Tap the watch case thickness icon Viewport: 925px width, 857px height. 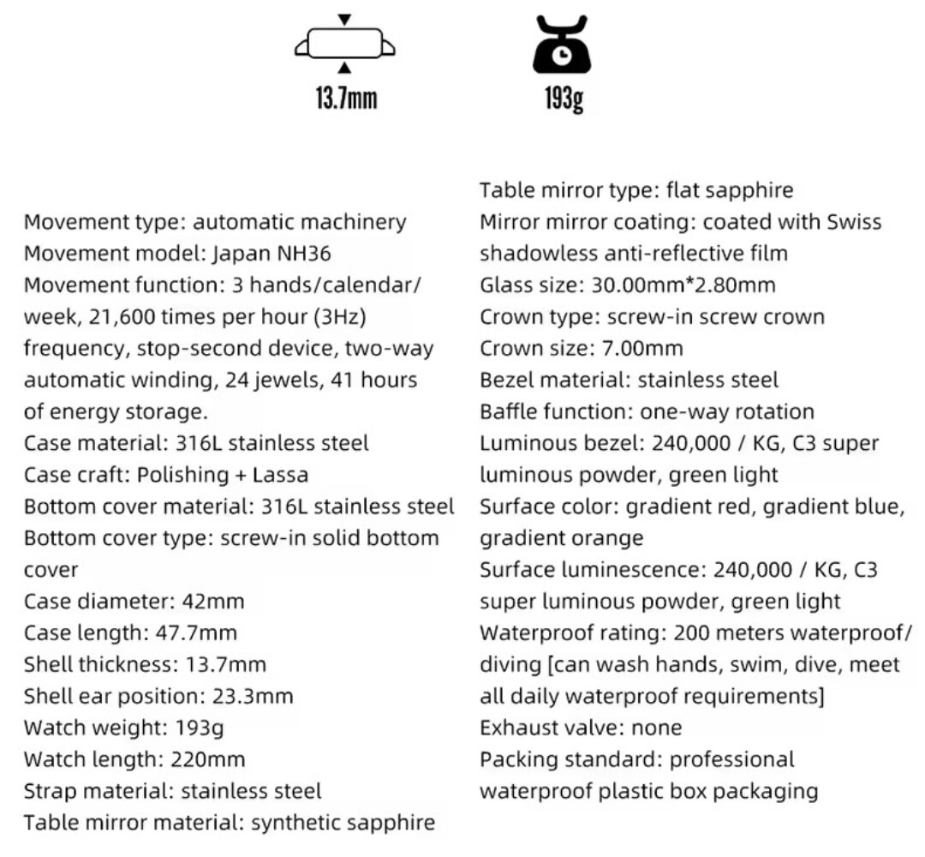[x=345, y=44]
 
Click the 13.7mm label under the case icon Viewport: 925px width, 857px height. [x=345, y=99]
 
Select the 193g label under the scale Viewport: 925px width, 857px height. [x=561, y=99]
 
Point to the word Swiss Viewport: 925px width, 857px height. [x=854, y=222]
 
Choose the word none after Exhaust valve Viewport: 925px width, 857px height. [x=656, y=728]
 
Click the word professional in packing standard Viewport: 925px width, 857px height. [x=731, y=759]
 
